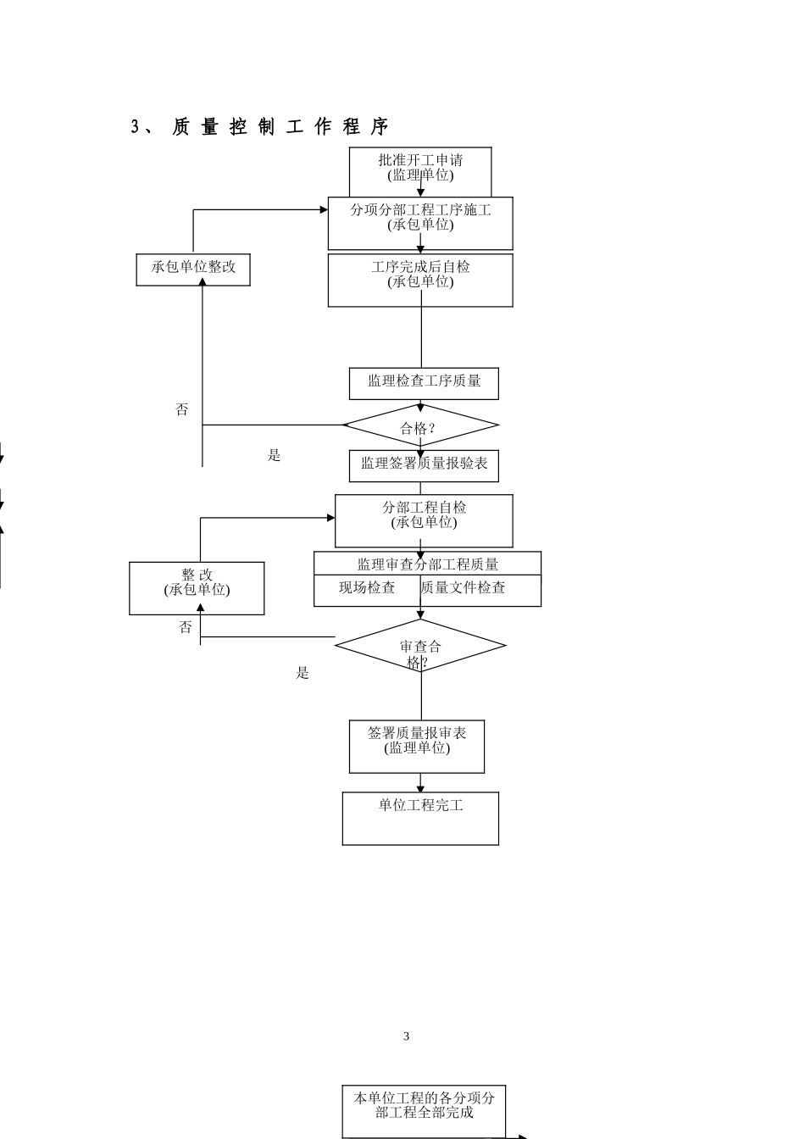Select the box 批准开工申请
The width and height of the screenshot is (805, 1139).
[420, 169]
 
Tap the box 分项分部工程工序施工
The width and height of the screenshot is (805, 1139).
[420, 219]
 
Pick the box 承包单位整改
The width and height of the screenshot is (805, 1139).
[193, 267]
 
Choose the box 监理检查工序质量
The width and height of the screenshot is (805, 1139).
[424, 382]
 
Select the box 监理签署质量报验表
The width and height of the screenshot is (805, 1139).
[424, 464]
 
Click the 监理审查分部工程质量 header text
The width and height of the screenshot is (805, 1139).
[427, 564]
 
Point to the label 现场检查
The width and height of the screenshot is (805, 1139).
[367, 588]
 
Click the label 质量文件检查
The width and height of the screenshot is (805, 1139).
[464, 588]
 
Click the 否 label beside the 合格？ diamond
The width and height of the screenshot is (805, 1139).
[182, 410]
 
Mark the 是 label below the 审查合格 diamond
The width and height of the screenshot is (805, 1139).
[303, 674]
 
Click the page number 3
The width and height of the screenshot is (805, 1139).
[406, 1036]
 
